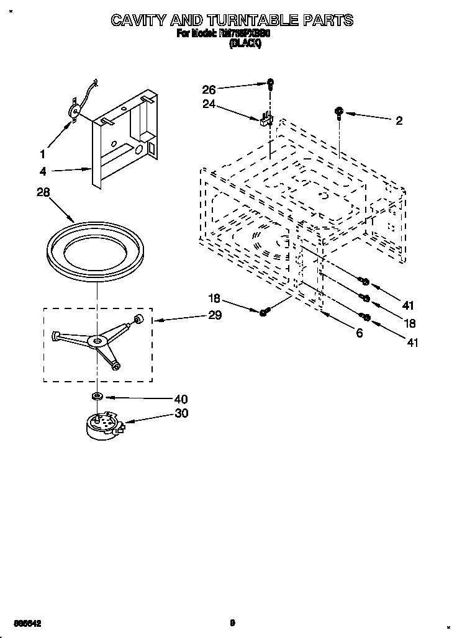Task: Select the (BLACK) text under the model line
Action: pyautogui.click(x=247, y=44)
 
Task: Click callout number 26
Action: pyautogui.click(x=209, y=90)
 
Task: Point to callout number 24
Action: pyautogui.click(x=209, y=104)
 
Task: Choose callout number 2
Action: pyautogui.click(x=399, y=120)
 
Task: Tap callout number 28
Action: pyautogui.click(x=43, y=192)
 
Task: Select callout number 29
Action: pyautogui.click(x=215, y=315)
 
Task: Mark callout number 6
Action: pyautogui.click(x=359, y=333)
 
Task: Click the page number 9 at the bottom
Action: pyautogui.click(x=232, y=622)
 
